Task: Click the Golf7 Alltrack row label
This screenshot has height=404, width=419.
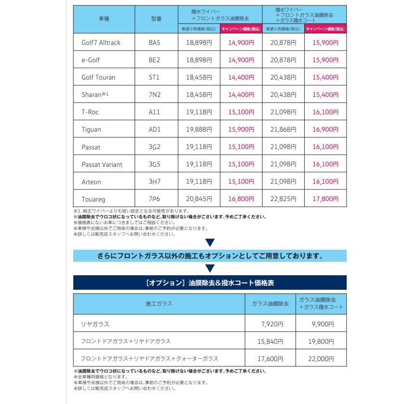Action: pos(101,42)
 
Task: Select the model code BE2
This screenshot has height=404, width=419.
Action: pos(154,60)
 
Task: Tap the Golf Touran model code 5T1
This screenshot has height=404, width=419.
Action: pos(154,77)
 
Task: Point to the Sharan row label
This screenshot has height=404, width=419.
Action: pos(95,94)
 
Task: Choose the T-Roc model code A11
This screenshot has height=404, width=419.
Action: pos(154,112)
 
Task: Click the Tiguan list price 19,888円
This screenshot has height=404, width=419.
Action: pos(199,129)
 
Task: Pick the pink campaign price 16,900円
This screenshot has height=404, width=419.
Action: pos(326,129)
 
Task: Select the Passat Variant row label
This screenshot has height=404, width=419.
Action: pos(102,164)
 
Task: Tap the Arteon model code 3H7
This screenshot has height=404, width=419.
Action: pos(154,182)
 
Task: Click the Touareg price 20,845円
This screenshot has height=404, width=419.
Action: pos(199,199)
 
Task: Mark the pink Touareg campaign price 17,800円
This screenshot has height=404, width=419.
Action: pos(326,199)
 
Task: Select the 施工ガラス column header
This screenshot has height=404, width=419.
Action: pos(159,304)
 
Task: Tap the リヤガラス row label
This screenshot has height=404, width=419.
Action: pos(95,324)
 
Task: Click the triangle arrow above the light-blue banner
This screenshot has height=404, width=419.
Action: pos(210,242)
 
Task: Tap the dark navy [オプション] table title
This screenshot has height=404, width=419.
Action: pos(210,283)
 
